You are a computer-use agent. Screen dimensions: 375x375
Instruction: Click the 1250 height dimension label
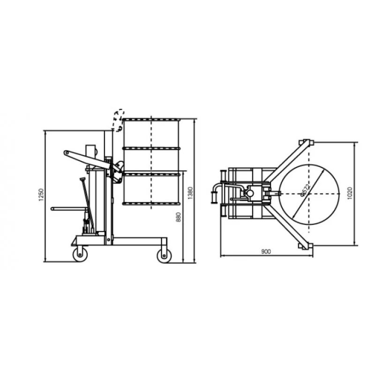point(41,195)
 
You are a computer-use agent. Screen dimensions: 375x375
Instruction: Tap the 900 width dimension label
point(266,252)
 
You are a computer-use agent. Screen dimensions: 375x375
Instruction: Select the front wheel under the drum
point(163,255)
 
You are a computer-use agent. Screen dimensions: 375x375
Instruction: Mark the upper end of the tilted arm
point(67,153)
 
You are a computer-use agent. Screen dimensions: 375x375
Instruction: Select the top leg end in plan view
point(307,142)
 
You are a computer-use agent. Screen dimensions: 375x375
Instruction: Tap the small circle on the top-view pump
point(250,193)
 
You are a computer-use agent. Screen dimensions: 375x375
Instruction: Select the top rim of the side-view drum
point(151,119)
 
